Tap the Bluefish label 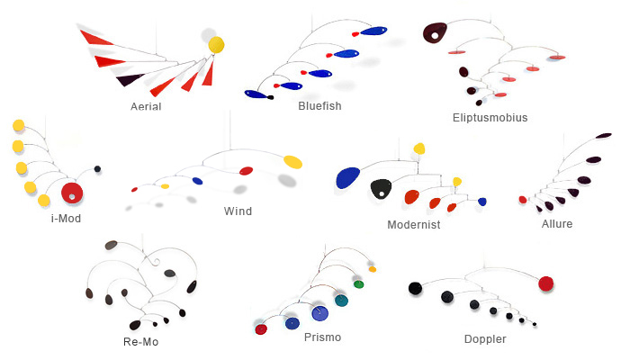(x=319, y=105)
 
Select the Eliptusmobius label (x=490, y=116)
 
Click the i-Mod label (x=66, y=217)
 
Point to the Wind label (x=238, y=211)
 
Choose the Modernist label (x=413, y=224)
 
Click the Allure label (x=557, y=223)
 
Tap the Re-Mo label (x=141, y=341)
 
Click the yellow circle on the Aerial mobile (x=217, y=44)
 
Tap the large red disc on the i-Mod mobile (x=71, y=193)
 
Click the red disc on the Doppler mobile (x=545, y=283)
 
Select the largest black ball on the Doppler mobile (x=415, y=288)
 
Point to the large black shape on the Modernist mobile (x=381, y=189)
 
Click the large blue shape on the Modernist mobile (x=347, y=178)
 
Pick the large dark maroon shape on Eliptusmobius (x=436, y=32)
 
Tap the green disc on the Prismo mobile (x=358, y=284)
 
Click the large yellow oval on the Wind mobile (x=292, y=161)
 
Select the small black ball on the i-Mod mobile (x=97, y=168)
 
